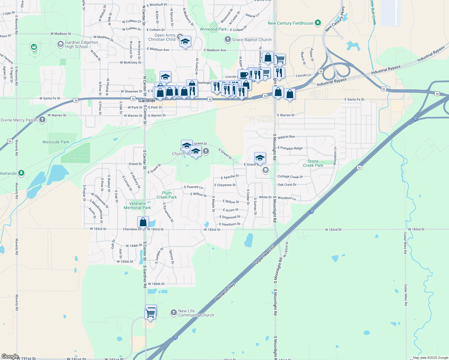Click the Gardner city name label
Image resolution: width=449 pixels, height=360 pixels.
tap(147, 100)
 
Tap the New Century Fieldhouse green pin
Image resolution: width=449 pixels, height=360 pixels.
tap(318, 23)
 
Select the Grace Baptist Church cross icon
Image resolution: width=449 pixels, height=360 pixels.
tap(228, 39)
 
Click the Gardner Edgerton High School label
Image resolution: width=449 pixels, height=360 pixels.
tap(81, 44)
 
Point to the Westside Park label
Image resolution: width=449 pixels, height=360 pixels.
tap(56, 142)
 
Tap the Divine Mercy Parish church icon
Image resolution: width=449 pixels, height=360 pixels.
tap(42, 120)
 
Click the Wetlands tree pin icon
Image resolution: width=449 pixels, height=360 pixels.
tap(21, 173)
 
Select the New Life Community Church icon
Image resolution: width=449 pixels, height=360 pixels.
tap(173, 313)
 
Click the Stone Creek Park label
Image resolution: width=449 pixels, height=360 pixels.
tap(313, 163)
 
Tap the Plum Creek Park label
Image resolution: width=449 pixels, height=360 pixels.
tap(167, 195)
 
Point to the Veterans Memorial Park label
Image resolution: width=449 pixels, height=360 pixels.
tap(137, 205)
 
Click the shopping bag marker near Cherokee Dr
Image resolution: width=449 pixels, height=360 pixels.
tap(143, 222)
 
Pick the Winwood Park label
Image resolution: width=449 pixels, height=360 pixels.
tap(213, 29)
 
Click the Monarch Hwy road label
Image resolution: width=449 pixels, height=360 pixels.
tap(225, 292)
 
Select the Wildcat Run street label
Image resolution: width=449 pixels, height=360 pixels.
tap(286, 137)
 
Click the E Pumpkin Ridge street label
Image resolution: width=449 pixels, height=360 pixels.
tap(290, 148)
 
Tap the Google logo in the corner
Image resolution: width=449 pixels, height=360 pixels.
tap(10, 356)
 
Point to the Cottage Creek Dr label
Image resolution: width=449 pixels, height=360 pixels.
tap(290, 177)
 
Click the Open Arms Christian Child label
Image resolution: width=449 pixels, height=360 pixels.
tap(162, 37)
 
